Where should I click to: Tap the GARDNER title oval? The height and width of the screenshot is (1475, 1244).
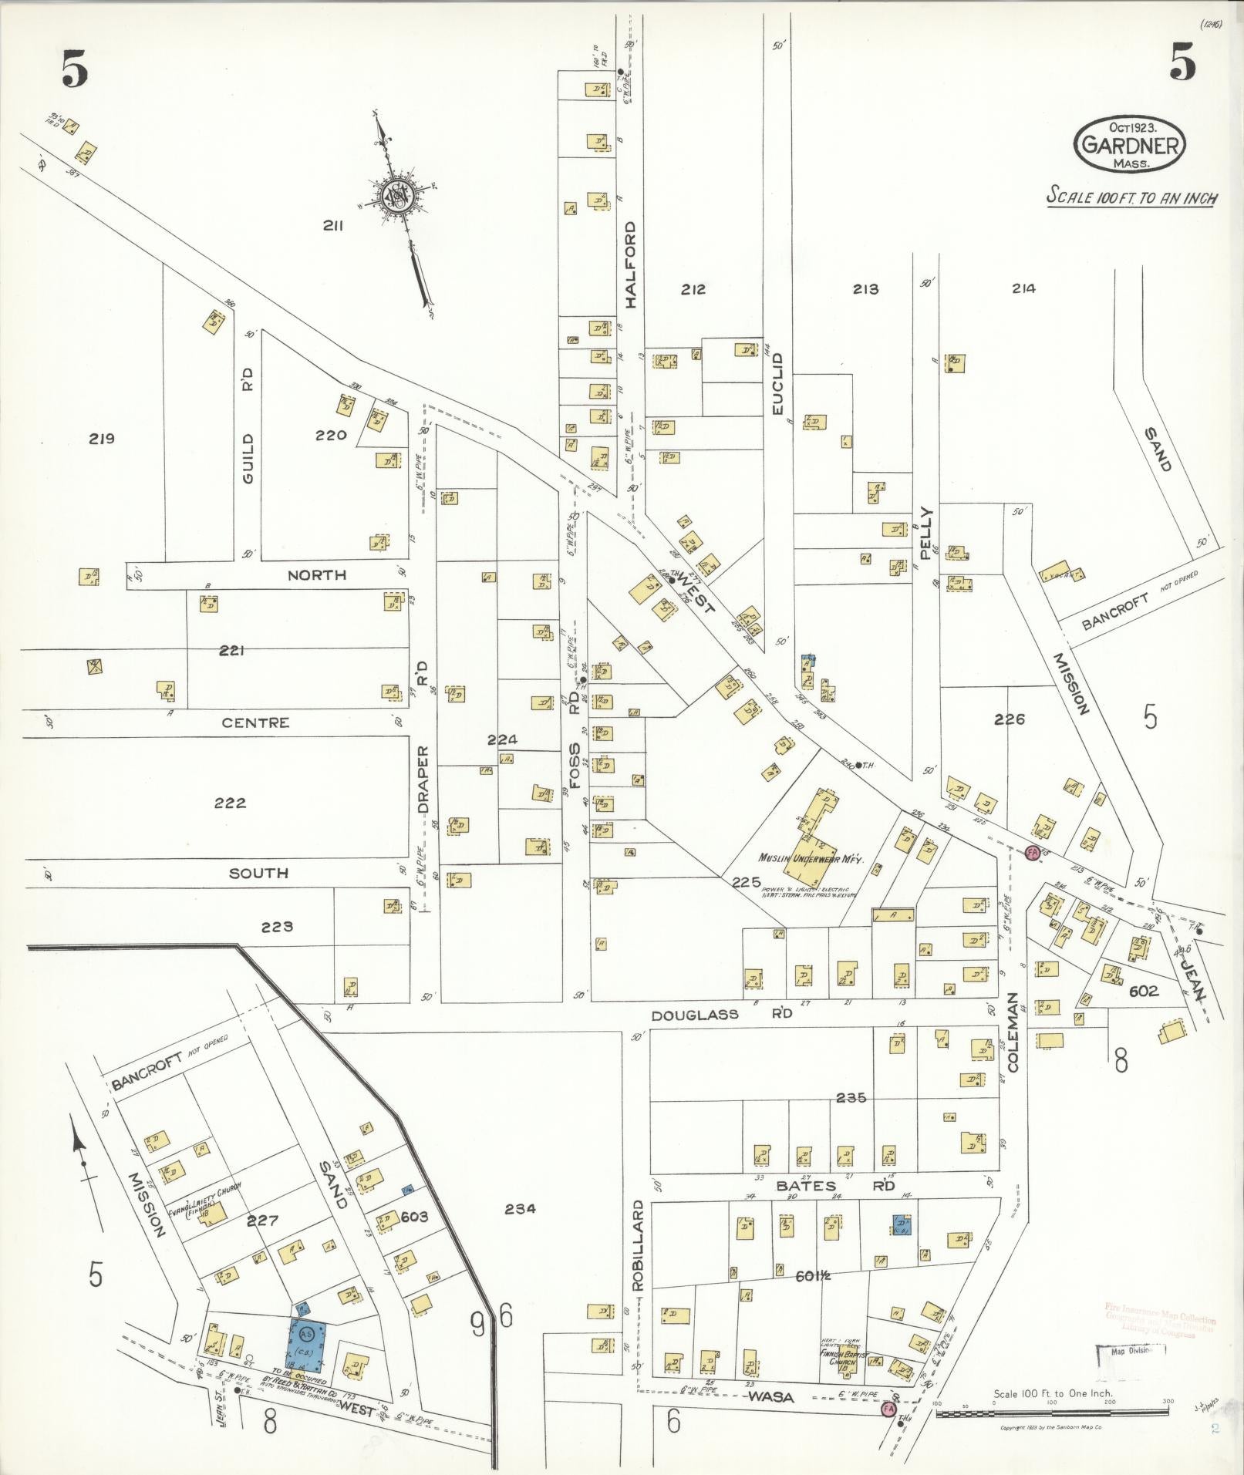coord(1129,143)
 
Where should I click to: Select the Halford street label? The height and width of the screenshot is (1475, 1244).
coord(632,264)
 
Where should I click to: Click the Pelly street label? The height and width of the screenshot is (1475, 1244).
coord(926,532)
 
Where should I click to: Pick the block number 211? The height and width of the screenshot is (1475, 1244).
coord(332,226)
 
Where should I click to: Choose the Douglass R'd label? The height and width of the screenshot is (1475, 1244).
coord(722,1015)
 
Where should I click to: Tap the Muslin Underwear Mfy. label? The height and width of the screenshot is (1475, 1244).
coord(810,858)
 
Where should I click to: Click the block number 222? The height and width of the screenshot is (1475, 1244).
coord(230,803)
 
